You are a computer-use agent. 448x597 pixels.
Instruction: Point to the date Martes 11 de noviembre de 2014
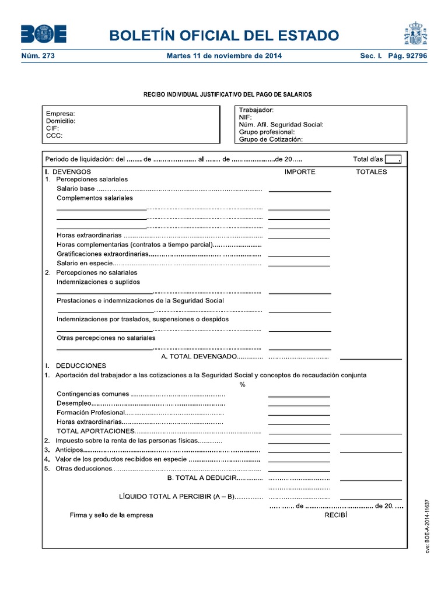tap(224, 56)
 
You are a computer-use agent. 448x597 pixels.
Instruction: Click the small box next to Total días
tap(393, 160)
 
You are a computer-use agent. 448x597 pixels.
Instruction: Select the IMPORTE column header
tap(300, 172)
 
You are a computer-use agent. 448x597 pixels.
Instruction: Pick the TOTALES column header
tap(372, 172)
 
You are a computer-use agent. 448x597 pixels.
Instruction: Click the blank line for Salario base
tap(300, 191)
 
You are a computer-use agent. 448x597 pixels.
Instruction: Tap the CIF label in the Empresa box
tap(52, 128)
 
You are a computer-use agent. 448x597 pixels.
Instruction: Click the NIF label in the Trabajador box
tap(245, 117)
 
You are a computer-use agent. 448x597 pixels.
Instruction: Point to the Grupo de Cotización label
tap(271, 139)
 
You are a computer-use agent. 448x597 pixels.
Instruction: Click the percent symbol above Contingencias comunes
tap(242, 384)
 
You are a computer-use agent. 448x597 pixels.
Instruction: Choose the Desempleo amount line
tap(299, 406)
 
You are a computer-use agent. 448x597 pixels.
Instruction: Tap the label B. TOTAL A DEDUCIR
tap(201, 478)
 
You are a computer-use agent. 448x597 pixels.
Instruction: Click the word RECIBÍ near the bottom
tap(335, 515)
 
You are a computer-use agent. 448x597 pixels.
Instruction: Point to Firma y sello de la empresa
tap(111, 515)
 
